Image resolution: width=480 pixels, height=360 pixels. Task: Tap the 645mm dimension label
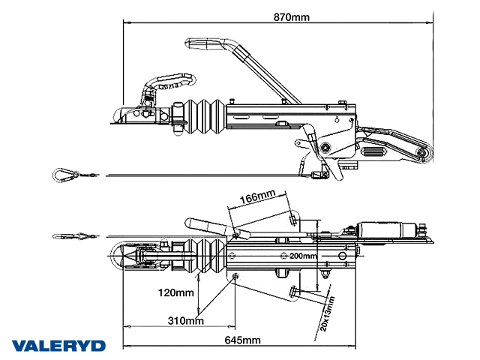(243, 339)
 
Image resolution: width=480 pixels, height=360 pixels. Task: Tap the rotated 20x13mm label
(327, 313)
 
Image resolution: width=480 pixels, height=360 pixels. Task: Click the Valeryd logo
(58, 346)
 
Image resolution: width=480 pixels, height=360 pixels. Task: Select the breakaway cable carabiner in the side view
(64, 175)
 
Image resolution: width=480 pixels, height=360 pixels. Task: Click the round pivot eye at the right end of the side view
(424, 155)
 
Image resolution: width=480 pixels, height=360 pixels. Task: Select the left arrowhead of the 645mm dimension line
(124, 328)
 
